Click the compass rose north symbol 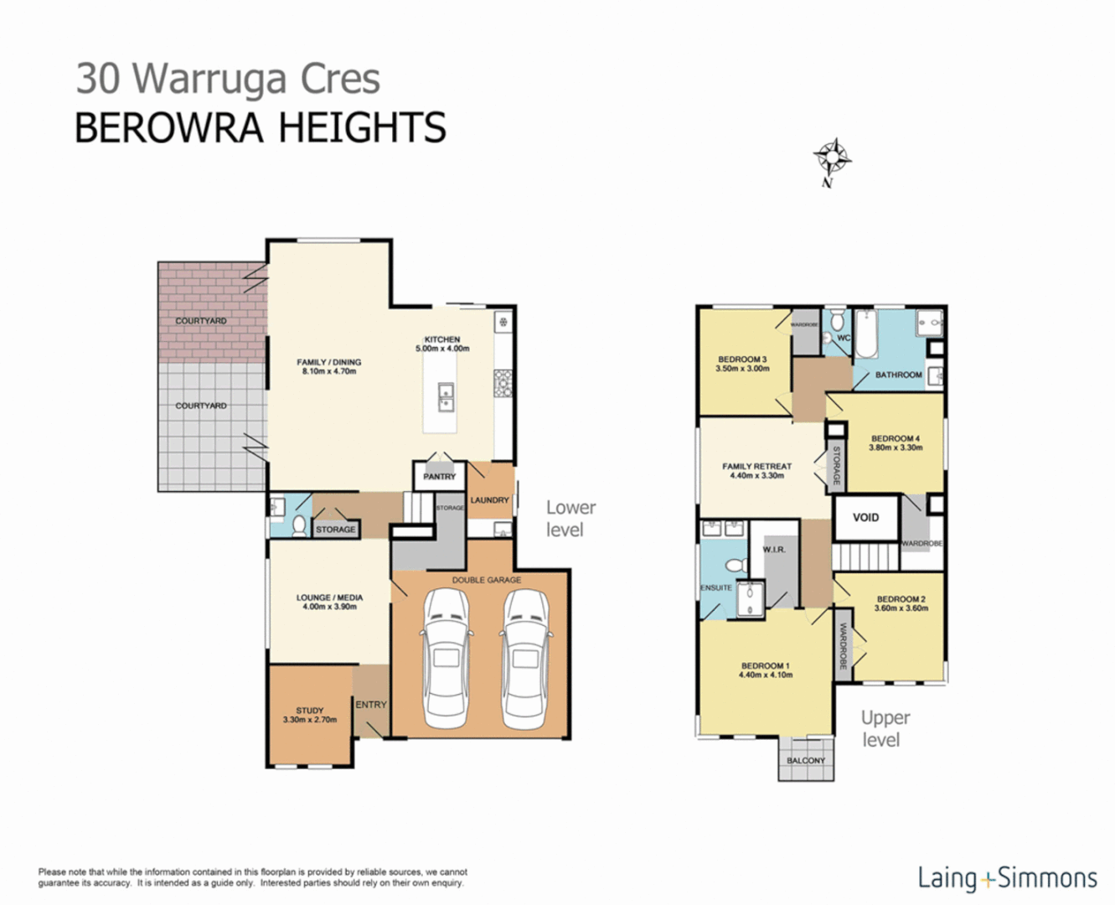tap(832, 159)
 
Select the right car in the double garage tap(525, 659)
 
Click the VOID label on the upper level tap(865, 518)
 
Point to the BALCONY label tap(806, 761)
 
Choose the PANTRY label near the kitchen tap(439, 477)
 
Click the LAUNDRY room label tap(490, 500)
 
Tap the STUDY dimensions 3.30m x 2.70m tap(310, 720)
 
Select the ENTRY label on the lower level tap(371, 705)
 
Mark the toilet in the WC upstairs tap(828, 338)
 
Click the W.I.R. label tap(774, 550)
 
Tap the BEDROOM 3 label tap(742, 359)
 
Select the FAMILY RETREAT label tap(756, 467)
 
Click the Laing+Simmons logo tap(1007, 878)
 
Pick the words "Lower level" tap(570, 519)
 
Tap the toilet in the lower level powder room tap(299, 525)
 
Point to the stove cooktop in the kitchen tap(503, 383)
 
